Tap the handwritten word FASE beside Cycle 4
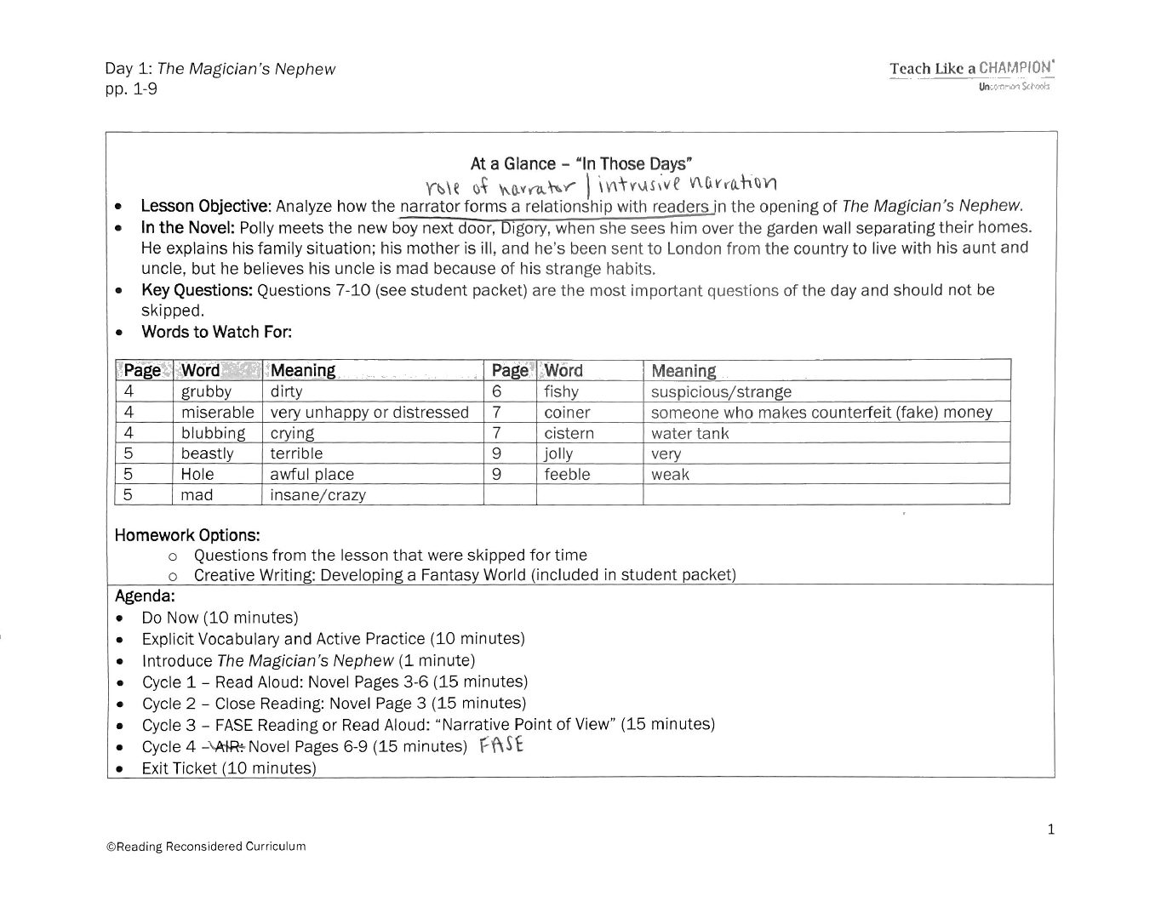click(x=501, y=745)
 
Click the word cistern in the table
click(x=569, y=433)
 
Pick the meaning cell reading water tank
click(x=689, y=433)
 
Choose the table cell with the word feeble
click(x=567, y=474)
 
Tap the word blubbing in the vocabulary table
click(x=213, y=433)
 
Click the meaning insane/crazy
click(x=317, y=495)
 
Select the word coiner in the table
click(x=567, y=413)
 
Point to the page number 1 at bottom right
click(x=1051, y=829)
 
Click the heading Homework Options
click(x=187, y=535)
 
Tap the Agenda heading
click(x=145, y=596)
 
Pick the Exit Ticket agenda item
click(x=228, y=768)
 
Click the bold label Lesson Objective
click(x=205, y=206)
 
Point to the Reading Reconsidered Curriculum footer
click(x=205, y=847)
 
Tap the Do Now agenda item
click(x=220, y=618)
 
